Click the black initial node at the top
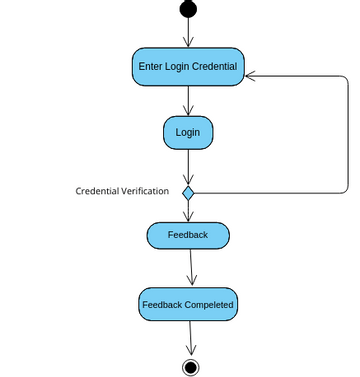pos(188,9)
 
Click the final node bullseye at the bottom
pos(190,365)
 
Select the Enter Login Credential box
pos(188,67)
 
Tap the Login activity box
pos(188,132)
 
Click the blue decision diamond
pos(188,191)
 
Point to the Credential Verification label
pos(122,191)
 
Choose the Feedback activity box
pos(188,235)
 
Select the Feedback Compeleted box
pos(188,304)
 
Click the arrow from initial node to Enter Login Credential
pos(188,32)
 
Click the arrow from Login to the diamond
pos(188,166)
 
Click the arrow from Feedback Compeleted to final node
pos(189,337)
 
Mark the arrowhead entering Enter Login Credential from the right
pos(251,75)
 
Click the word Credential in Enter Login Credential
pos(215,67)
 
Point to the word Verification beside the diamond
pos(144,191)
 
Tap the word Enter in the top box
pos(151,67)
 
